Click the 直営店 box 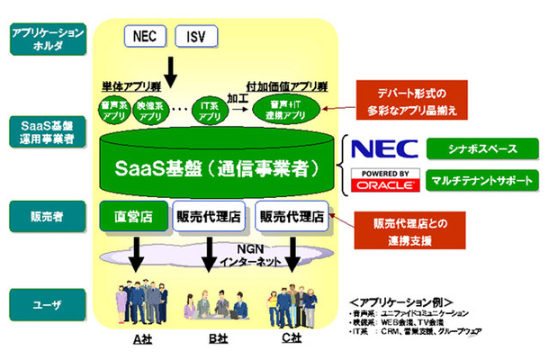coord(132,216)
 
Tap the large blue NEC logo coord(382,148)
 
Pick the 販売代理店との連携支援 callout coord(413,229)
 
